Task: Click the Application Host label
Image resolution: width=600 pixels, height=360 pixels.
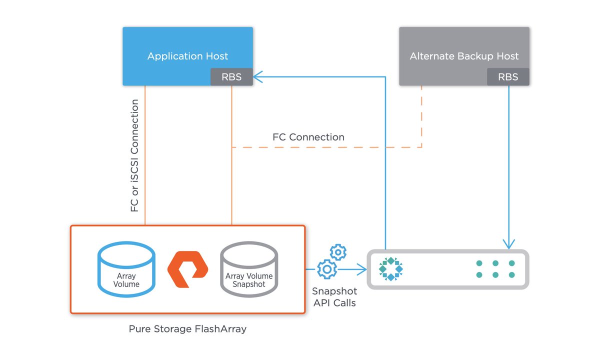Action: click(x=187, y=56)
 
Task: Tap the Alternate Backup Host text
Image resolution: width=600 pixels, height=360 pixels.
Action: click(x=464, y=56)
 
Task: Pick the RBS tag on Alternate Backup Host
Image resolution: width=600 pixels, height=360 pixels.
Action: click(x=508, y=77)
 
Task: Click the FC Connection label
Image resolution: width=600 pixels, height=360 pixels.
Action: click(x=308, y=137)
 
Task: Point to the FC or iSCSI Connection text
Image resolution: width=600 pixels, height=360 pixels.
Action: click(x=135, y=155)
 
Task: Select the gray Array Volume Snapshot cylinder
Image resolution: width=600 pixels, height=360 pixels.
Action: click(x=249, y=269)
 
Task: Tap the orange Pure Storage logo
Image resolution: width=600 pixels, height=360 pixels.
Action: click(x=187, y=269)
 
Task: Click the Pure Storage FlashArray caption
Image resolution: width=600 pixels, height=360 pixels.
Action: click(x=187, y=329)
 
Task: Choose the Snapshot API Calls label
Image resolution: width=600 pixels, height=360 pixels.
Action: click(x=333, y=296)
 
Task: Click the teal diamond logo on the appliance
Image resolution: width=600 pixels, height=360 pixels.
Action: click(x=391, y=269)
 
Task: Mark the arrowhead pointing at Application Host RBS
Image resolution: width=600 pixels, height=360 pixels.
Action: click(x=257, y=77)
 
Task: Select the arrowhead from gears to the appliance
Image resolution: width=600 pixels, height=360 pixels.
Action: click(x=362, y=269)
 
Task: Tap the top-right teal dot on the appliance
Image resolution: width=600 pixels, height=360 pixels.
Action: click(x=511, y=263)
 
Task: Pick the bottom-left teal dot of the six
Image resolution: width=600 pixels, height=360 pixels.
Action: click(x=479, y=275)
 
